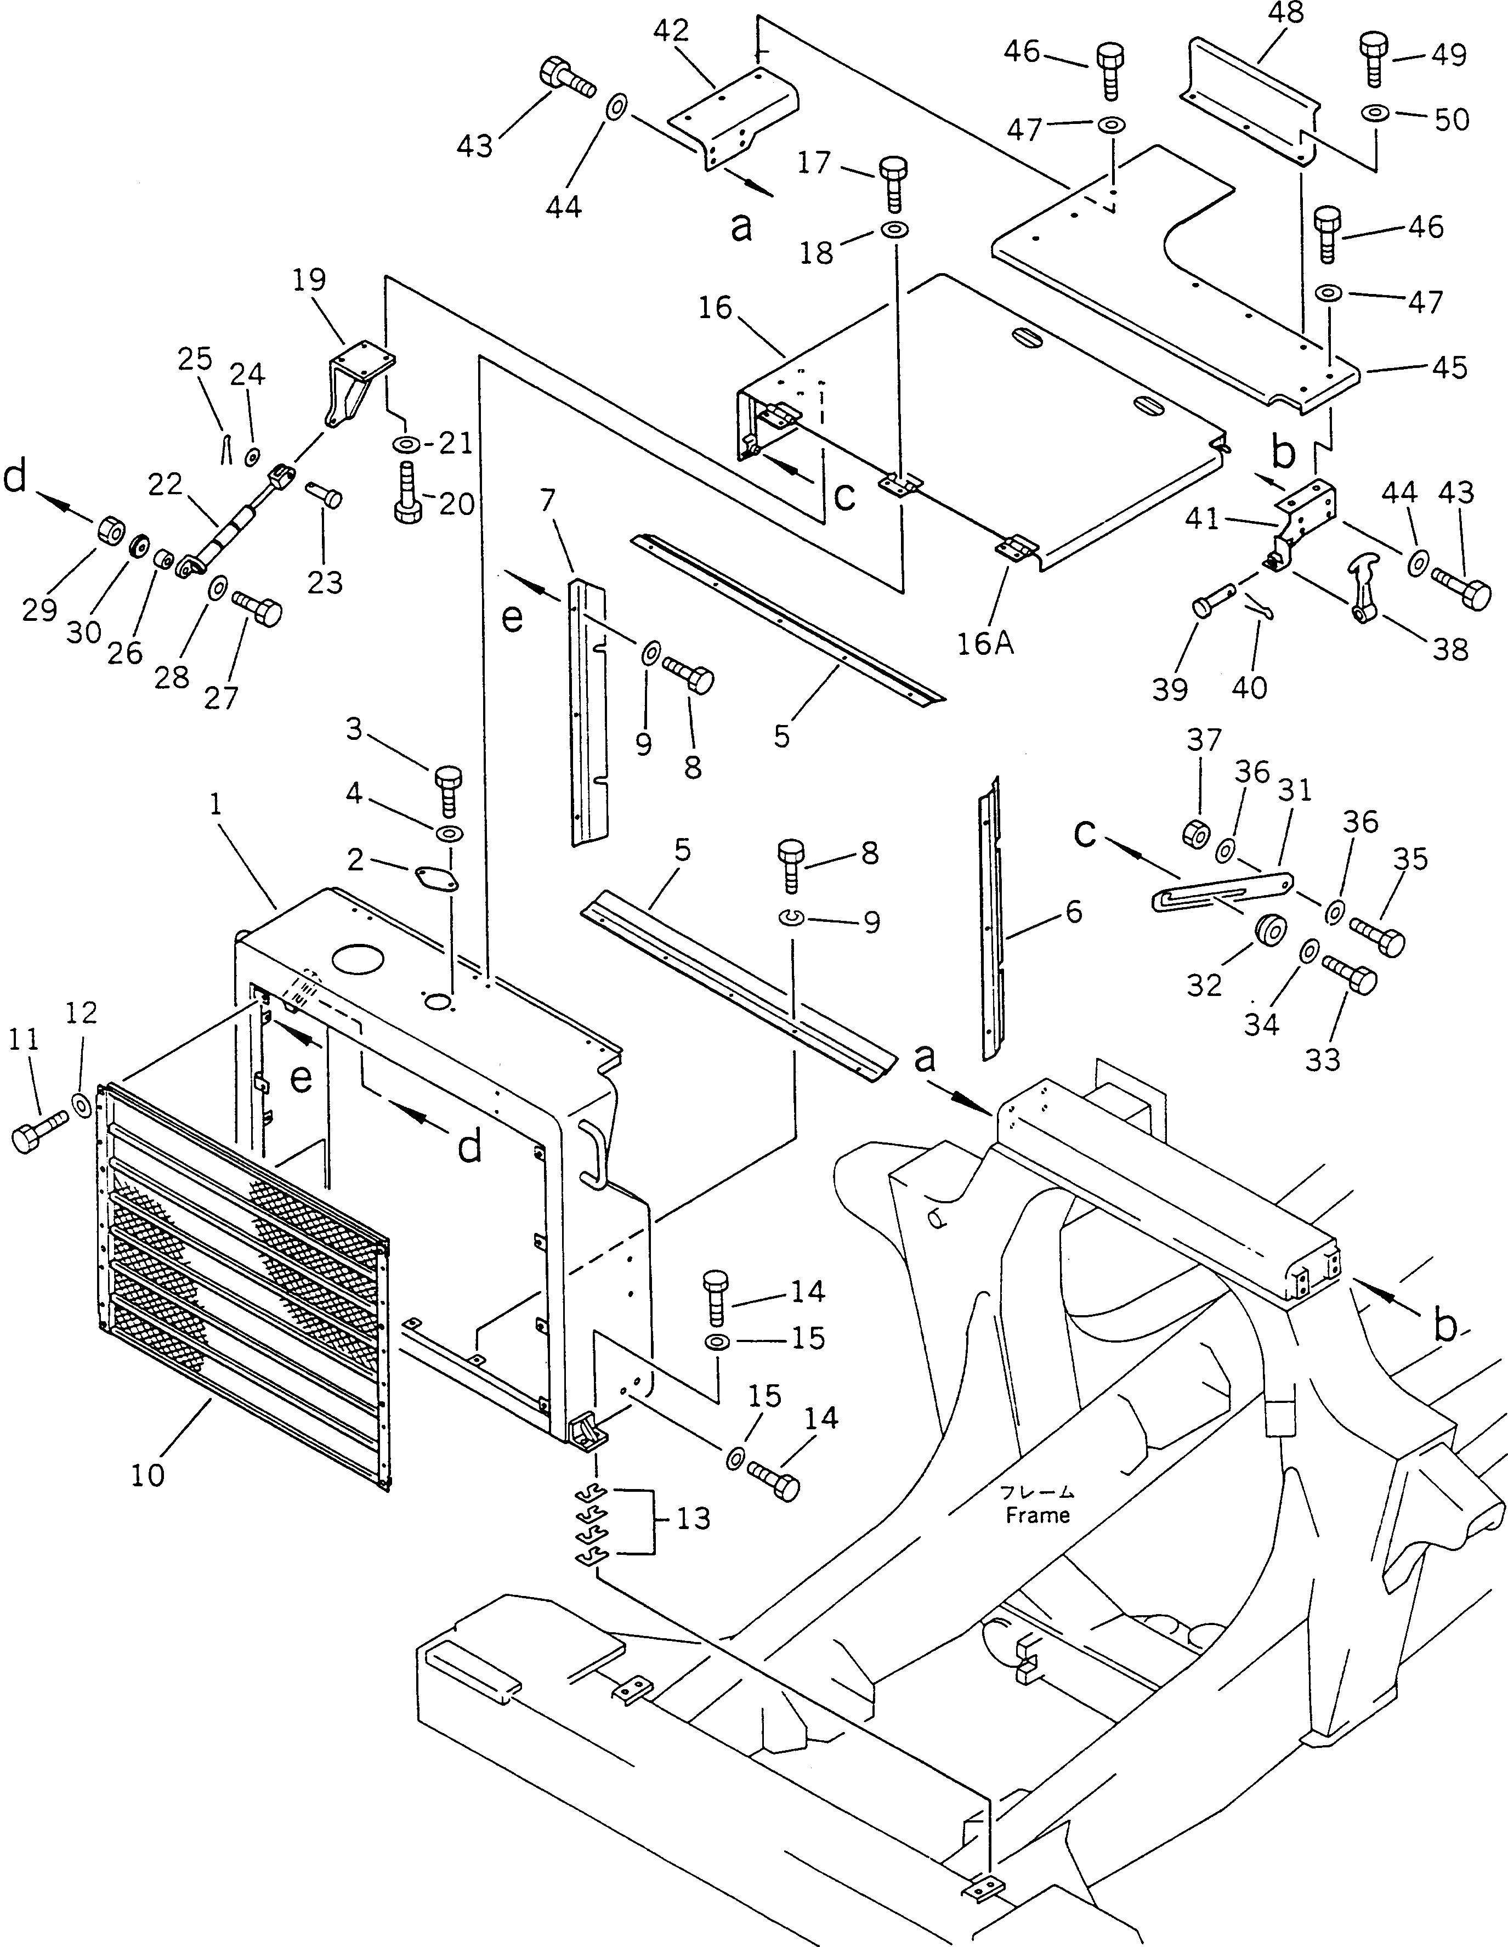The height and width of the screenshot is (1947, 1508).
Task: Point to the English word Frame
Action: (1038, 1515)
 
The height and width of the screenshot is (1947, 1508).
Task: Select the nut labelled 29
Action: (111, 531)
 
